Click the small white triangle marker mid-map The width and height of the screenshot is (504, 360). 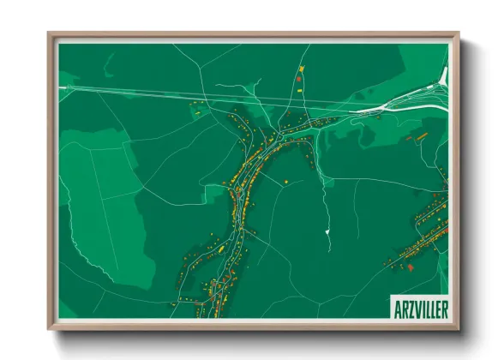tap(327, 231)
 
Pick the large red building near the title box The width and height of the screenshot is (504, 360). tap(409, 267)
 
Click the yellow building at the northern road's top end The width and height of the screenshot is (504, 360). tap(301, 67)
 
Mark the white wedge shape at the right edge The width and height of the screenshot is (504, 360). tap(442, 77)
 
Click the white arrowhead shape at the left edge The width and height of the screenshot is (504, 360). tap(63, 87)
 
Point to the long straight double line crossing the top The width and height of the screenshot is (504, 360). tap(214, 97)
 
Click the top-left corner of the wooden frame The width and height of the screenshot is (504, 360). tap(50, 35)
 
